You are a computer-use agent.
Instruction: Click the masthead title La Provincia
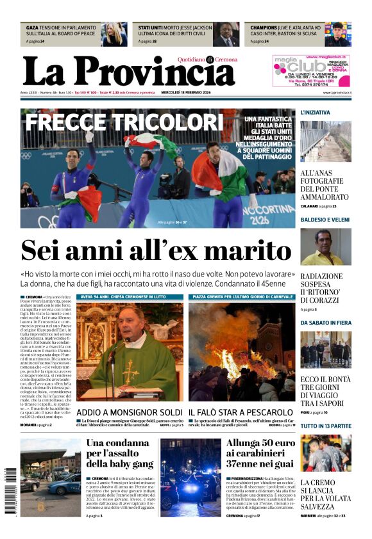pyautogui.click(x=128, y=70)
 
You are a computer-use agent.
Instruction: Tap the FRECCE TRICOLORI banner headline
pyautogui.click(x=124, y=122)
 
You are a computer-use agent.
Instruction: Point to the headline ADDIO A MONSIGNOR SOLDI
pyautogui.click(x=130, y=412)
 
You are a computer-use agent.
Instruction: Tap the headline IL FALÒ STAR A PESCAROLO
pyautogui.click(x=241, y=412)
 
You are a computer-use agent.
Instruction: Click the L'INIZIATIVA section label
pyautogui.click(x=315, y=113)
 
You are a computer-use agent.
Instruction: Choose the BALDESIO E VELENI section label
pyautogui.click(x=323, y=220)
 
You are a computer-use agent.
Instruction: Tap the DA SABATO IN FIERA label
pyautogui.click(x=326, y=323)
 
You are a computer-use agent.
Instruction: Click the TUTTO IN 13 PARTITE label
pyautogui.click(x=326, y=426)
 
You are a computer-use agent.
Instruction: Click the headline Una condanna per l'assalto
pyautogui.click(x=120, y=453)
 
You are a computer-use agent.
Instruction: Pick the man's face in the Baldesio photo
pyautogui.click(x=323, y=241)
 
